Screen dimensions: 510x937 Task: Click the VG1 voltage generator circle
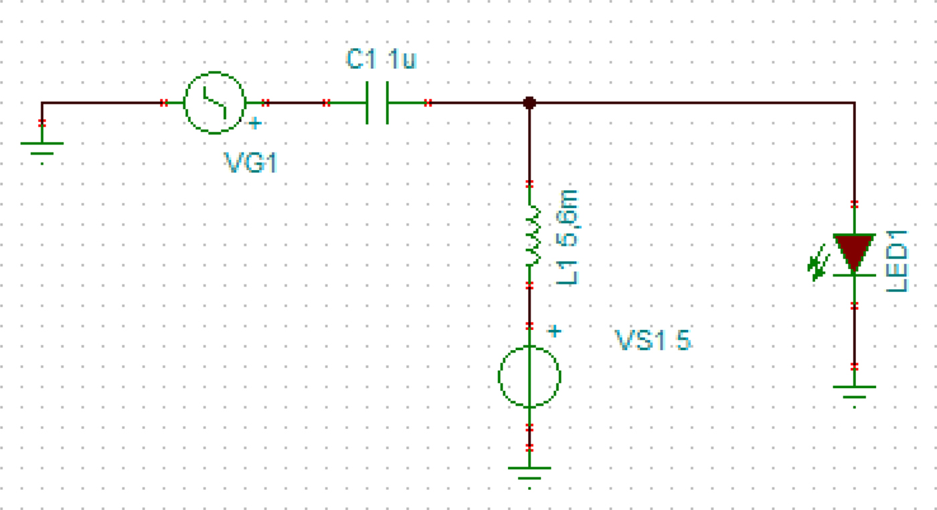click(x=214, y=102)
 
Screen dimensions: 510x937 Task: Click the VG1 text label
click(x=250, y=163)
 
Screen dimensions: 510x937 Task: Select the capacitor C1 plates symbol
click(x=377, y=102)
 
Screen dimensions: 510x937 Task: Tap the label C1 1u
click(x=381, y=60)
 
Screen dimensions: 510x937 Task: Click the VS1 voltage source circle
click(x=529, y=377)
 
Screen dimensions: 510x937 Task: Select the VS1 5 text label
click(x=653, y=341)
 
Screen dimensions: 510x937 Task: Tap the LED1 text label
click(x=897, y=260)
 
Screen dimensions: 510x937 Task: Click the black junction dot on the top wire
click(x=529, y=102)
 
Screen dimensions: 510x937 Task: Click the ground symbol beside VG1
click(x=41, y=147)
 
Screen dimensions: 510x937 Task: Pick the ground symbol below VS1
click(x=529, y=472)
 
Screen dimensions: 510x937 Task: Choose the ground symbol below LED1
click(x=854, y=391)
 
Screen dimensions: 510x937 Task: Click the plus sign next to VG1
click(x=255, y=123)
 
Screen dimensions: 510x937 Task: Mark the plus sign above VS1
click(x=553, y=331)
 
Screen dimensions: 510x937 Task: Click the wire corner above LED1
click(x=854, y=103)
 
